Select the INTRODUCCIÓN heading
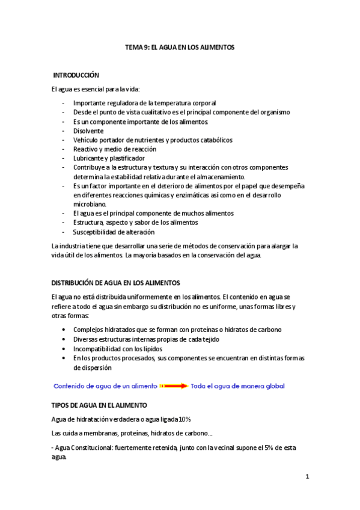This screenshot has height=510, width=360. (x=76, y=75)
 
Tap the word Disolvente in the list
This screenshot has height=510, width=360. (x=88, y=131)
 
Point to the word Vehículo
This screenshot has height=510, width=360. (x=87, y=140)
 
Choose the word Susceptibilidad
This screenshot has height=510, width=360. (x=97, y=232)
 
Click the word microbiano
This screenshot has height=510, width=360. (x=90, y=204)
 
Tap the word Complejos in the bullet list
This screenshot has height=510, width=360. (x=90, y=330)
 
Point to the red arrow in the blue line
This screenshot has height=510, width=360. (x=174, y=386)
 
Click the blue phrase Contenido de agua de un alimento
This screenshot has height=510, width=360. (x=106, y=386)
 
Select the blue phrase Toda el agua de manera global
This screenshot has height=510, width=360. (x=237, y=386)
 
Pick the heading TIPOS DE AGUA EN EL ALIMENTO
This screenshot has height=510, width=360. (x=103, y=406)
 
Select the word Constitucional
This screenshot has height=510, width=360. (x=96, y=448)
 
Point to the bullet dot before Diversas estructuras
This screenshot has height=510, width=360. (x=65, y=340)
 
